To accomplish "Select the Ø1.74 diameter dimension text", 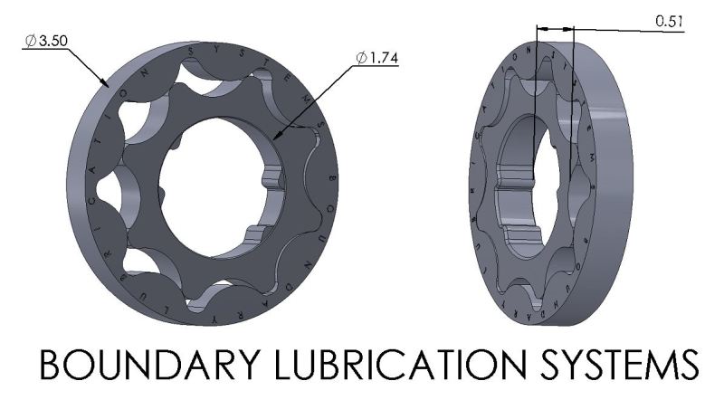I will [x=377, y=58].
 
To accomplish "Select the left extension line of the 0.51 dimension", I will [x=536, y=90].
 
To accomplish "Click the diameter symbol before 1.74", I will [x=361, y=58].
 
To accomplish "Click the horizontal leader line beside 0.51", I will [x=633, y=29].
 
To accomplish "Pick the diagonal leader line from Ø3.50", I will [x=86, y=65].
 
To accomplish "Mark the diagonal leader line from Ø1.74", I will [x=317, y=100].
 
